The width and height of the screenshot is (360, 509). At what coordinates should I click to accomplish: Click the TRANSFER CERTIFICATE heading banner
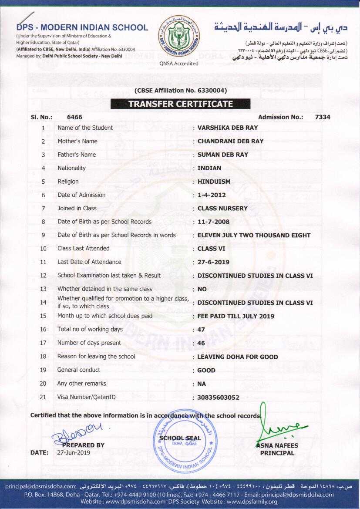point(180,104)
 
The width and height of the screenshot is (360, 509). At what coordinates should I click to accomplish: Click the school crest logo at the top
point(179,36)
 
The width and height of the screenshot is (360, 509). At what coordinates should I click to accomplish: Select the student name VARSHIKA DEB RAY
point(228,128)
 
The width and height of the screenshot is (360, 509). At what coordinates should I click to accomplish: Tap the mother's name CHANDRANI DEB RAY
point(230,141)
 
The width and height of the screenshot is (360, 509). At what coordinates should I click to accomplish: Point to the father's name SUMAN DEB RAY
point(223,155)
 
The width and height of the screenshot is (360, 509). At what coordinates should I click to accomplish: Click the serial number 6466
point(74,117)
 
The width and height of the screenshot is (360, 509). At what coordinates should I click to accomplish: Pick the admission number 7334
point(323,117)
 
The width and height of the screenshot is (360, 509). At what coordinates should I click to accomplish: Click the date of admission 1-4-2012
point(212,195)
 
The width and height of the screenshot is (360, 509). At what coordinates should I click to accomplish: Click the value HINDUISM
point(214,182)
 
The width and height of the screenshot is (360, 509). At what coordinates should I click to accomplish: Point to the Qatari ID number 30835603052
point(218,398)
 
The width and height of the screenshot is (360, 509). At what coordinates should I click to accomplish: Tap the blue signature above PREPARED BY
point(77,431)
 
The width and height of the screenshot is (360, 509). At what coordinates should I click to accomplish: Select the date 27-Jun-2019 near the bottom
point(74,453)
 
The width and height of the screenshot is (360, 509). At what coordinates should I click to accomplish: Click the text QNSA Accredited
point(179,64)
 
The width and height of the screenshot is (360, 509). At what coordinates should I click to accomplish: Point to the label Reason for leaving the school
point(96,357)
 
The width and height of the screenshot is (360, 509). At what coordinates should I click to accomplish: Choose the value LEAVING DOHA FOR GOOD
point(238,357)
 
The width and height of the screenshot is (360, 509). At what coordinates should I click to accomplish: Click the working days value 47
point(201,330)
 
